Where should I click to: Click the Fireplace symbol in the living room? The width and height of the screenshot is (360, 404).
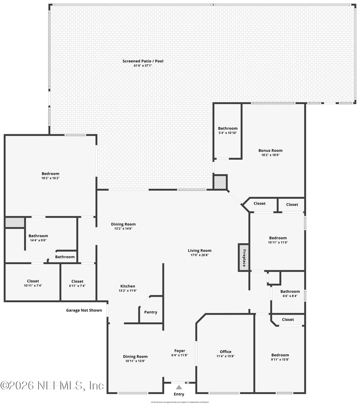pyautogui.click(x=243, y=258)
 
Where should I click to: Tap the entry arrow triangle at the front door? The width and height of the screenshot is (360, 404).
pyautogui.click(x=179, y=387)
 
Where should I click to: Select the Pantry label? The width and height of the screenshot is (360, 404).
pyautogui.click(x=151, y=312)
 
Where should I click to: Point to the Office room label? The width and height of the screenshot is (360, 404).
pyautogui.click(x=225, y=352)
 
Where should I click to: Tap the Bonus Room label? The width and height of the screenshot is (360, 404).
pyautogui.click(x=270, y=150)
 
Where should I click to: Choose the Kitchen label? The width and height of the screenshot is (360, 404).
pyautogui.click(x=127, y=286)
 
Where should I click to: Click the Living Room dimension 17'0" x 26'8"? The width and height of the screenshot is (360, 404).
pyautogui.click(x=199, y=255)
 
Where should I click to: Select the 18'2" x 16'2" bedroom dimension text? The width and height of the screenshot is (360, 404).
pyautogui.click(x=50, y=178)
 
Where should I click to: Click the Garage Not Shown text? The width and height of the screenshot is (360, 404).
pyautogui.click(x=84, y=310)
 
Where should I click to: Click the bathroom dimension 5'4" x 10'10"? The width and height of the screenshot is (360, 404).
pyautogui.click(x=228, y=133)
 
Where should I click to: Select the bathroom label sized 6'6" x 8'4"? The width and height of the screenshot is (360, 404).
pyautogui.click(x=290, y=291)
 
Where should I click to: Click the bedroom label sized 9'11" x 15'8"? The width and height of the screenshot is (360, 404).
pyautogui.click(x=280, y=355)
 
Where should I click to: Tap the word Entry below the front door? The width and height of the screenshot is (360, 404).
pyautogui.click(x=179, y=395)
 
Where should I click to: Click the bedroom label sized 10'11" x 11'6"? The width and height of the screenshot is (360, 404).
pyautogui.click(x=278, y=238)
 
